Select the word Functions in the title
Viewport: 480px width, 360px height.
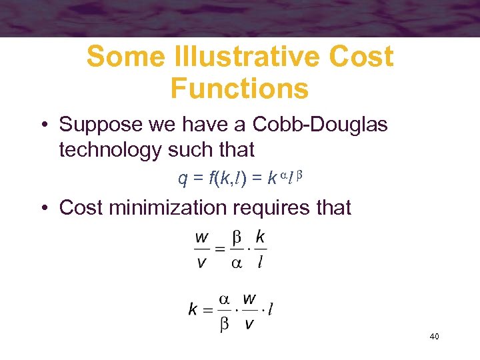[239, 88]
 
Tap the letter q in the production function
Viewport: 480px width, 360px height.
[182, 179]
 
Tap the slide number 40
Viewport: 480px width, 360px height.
[434, 337]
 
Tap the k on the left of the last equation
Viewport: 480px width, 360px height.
[193, 309]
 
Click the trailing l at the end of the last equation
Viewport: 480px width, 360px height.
[271, 309]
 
